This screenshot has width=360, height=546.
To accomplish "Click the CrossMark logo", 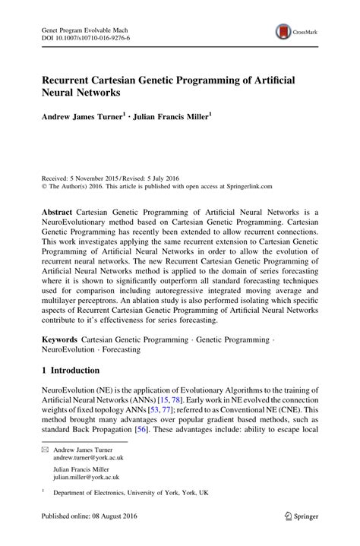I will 296,31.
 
